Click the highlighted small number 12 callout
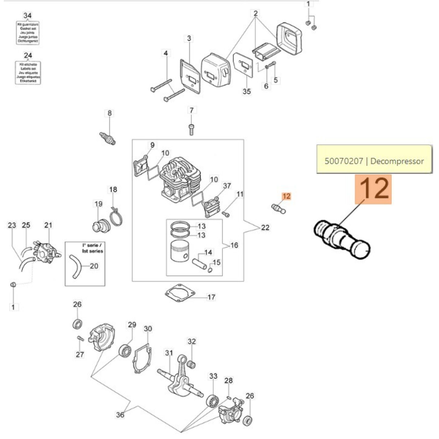point(286,196)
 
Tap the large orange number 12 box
point(373,189)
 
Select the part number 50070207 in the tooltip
point(344,161)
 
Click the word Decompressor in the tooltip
point(397,161)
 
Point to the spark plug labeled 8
point(107,138)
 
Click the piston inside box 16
point(180,251)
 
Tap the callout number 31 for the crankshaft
point(169,353)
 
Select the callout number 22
point(265,227)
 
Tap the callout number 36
point(120,415)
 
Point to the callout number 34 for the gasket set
point(27,16)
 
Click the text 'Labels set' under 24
point(28,69)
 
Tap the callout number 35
point(247,91)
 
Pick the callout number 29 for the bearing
point(132,325)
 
